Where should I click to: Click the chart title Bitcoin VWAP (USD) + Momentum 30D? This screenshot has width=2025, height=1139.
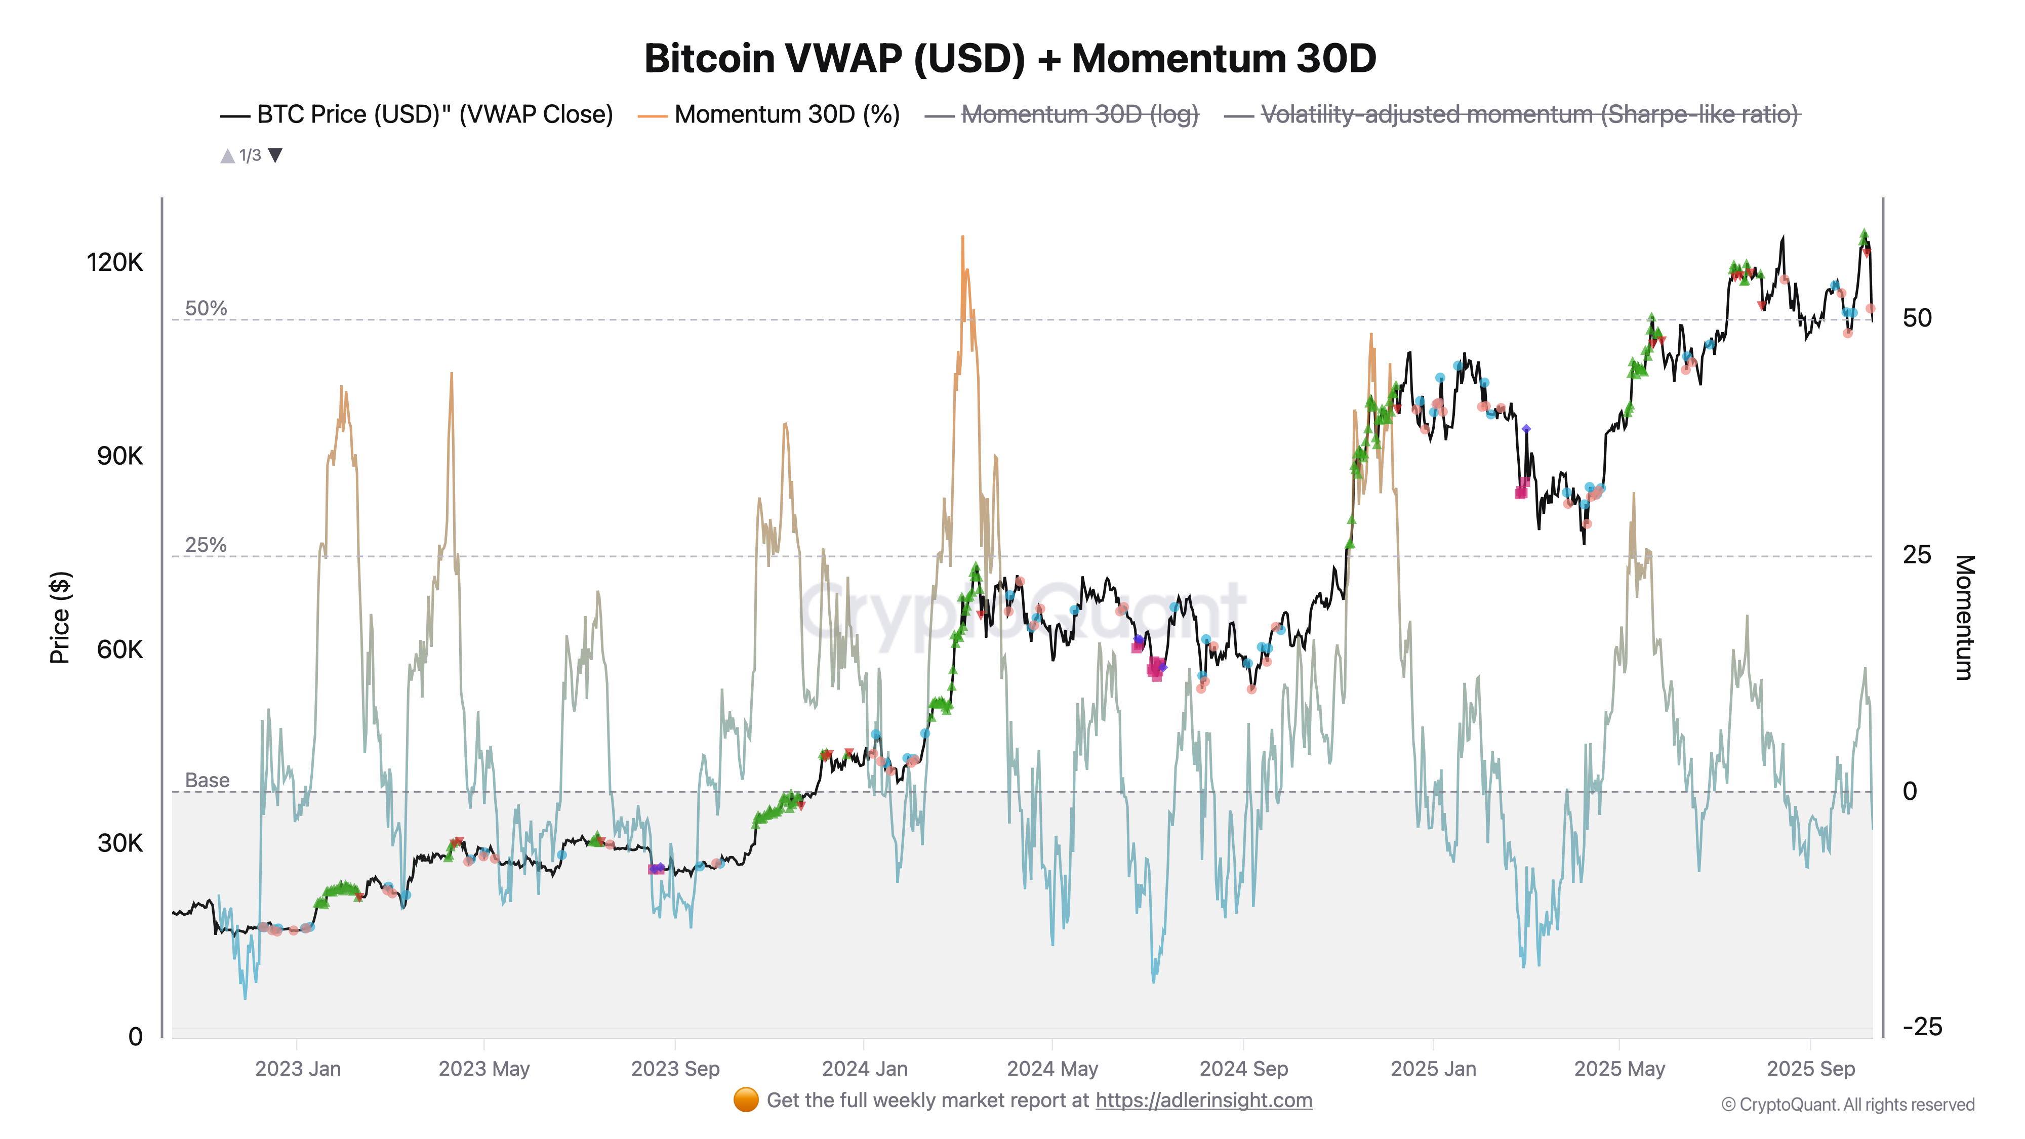click(x=1009, y=58)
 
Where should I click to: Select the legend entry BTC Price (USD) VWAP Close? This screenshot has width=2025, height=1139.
click(x=434, y=115)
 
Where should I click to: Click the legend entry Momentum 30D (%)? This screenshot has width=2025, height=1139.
click(x=786, y=115)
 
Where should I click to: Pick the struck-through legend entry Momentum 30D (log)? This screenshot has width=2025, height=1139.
click(x=1079, y=115)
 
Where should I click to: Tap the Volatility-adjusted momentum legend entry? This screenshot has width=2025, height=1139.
click(x=1529, y=115)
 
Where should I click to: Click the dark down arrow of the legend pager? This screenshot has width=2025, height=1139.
click(x=275, y=155)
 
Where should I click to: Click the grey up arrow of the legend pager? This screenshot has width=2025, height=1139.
click(x=227, y=155)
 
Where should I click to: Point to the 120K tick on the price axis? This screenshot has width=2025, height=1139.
click(x=115, y=262)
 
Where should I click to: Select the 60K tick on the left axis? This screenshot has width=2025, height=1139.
click(x=119, y=649)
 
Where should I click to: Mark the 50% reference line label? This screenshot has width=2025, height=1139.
click(x=205, y=308)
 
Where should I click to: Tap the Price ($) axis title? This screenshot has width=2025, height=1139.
click(x=60, y=617)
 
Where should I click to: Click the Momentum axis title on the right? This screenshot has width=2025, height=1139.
click(x=1964, y=617)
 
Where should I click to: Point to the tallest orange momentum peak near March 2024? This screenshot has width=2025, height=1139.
click(x=962, y=237)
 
